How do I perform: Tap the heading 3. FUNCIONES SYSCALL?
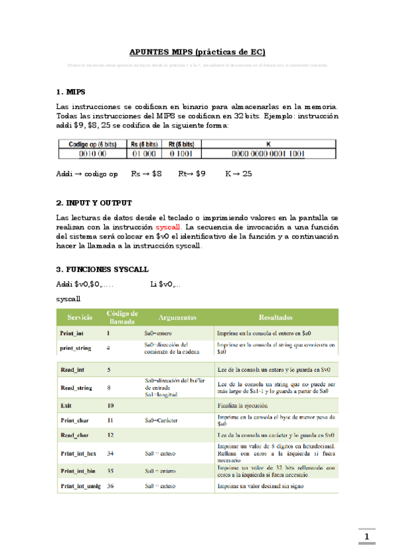pos(102,269)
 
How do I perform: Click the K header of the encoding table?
pos(268,143)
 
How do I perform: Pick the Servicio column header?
pos(79,318)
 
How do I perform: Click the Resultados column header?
pos(276,318)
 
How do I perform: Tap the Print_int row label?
pos(72,333)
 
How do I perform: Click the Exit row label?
pos(66,405)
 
